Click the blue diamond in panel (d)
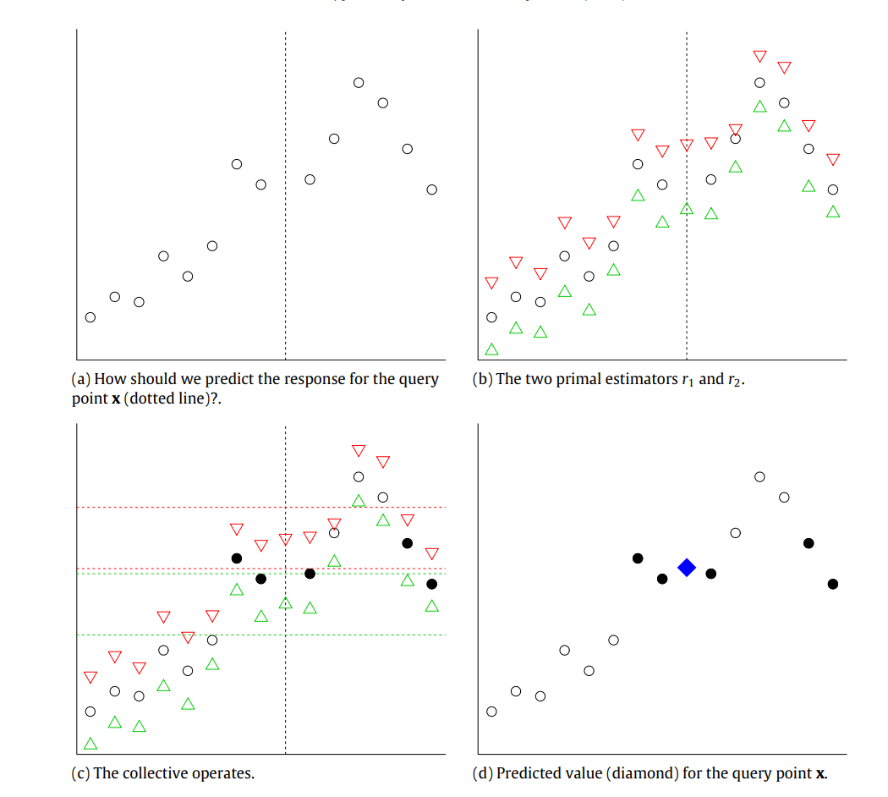click(x=687, y=567)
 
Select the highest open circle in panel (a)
click(x=359, y=82)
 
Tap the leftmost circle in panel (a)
click(x=90, y=317)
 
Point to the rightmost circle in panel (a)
click(x=432, y=190)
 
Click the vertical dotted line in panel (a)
click(x=286, y=254)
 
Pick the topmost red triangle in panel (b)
click(x=759, y=56)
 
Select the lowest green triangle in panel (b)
click(x=491, y=349)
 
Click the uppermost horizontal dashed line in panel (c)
click(x=254, y=507)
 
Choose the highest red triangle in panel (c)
click(x=359, y=449)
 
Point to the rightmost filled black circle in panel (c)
click(x=432, y=584)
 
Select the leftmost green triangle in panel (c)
click(x=90, y=744)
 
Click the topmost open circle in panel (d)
click(x=759, y=477)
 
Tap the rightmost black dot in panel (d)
click(x=833, y=584)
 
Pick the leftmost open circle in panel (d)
click(x=491, y=712)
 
